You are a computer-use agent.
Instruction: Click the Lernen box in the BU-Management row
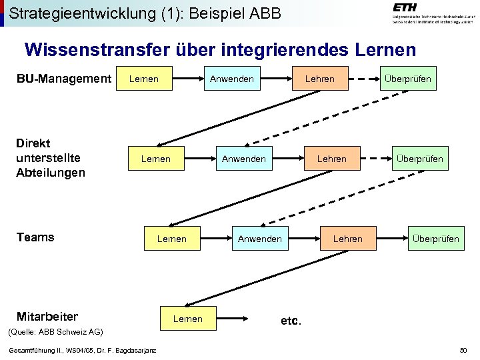(144, 79)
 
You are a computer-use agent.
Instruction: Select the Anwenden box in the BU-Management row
(232, 79)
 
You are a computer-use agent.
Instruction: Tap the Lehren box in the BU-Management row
(320, 79)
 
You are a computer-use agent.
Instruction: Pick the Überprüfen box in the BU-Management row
(407, 79)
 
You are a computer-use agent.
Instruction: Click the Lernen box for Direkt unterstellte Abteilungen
(156, 159)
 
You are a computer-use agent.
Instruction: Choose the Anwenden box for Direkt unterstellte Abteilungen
(244, 159)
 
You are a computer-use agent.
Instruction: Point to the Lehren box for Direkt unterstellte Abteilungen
(332, 159)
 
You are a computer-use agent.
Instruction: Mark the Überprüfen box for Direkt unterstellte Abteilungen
(419, 159)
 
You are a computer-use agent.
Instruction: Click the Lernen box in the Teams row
(172, 239)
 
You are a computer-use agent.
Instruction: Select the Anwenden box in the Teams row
(260, 239)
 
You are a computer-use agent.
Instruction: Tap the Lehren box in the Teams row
(348, 239)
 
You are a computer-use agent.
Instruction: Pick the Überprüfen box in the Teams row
(435, 239)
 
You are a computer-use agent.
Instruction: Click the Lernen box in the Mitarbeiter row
(188, 319)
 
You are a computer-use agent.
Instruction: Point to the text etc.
(291, 321)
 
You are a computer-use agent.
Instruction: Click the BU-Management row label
(63, 79)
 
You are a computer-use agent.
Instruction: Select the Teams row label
(35, 237)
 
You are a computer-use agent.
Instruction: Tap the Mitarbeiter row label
(47, 317)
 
